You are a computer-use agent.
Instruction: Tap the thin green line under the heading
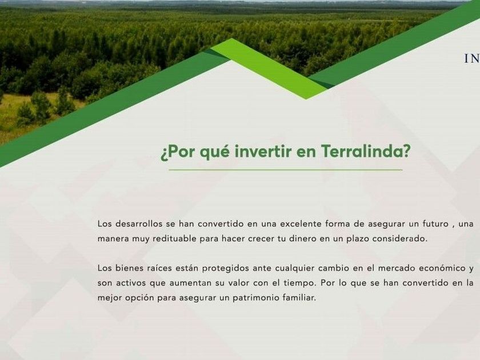tap(285, 170)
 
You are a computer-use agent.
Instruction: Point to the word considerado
tap(399, 238)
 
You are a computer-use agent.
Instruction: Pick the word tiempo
tap(299, 283)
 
